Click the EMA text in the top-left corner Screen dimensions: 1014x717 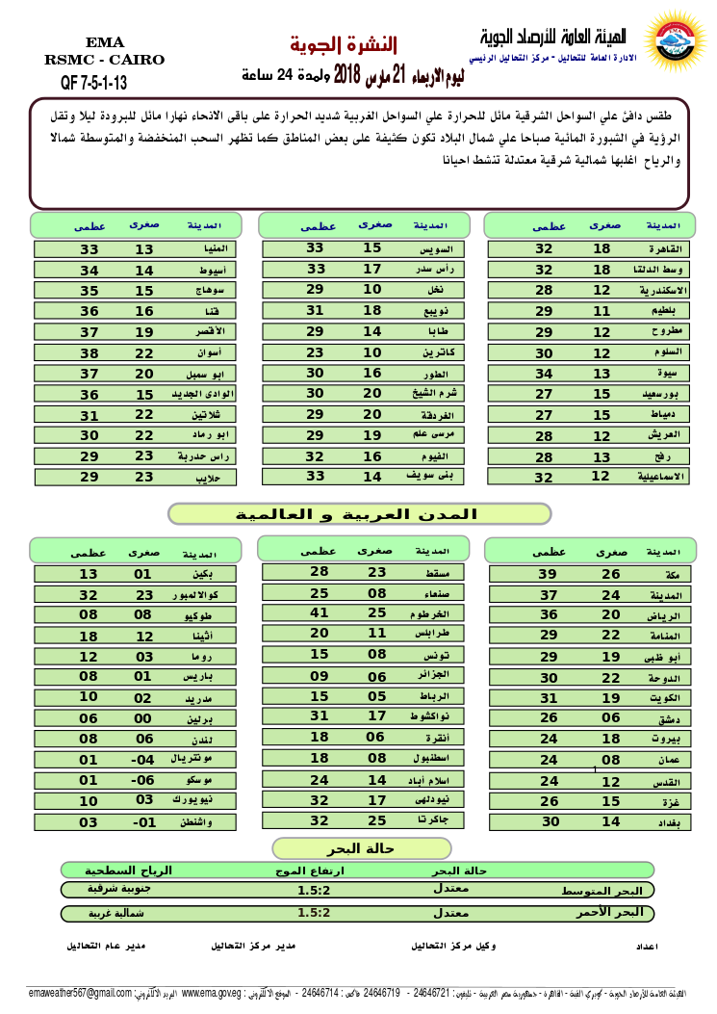104,41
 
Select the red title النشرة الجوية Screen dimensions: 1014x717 344,44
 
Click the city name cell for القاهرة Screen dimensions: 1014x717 667,248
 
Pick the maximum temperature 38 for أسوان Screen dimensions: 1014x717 90,352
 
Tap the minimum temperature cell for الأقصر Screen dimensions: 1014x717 144,332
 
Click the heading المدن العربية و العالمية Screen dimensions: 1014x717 359,514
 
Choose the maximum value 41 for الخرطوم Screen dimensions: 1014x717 320,612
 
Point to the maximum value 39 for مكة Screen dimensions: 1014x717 548,574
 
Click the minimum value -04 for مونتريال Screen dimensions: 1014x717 143,760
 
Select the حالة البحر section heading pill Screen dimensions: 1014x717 362,848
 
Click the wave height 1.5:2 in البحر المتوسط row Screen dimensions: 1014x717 314,890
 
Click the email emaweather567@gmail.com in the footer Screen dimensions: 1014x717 80,993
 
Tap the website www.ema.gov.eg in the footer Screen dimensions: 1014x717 210,993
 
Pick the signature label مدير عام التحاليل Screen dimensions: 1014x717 106,946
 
